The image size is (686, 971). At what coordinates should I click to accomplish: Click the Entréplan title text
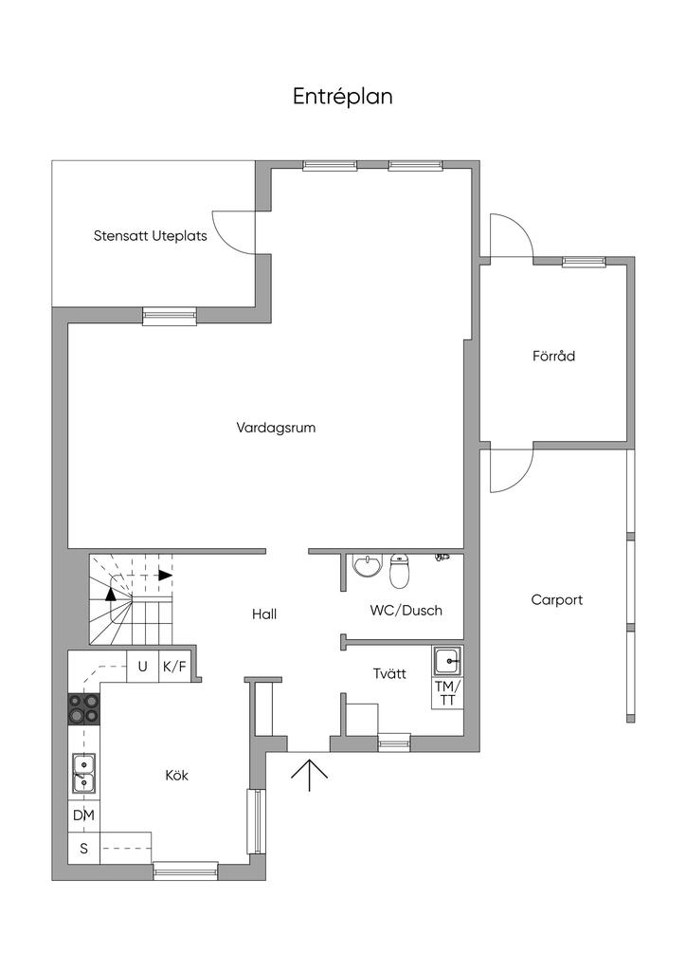[x=343, y=97]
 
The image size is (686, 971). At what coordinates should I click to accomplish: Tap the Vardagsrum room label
[x=276, y=428]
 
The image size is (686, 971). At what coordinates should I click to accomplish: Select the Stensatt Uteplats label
[x=151, y=236]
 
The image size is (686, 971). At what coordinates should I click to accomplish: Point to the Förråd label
[x=553, y=357]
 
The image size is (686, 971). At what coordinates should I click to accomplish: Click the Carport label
[x=557, y=600]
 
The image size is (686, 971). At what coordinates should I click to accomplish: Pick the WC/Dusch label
[x=406, y=611]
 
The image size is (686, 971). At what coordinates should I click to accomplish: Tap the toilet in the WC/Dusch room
[x=400, y=571]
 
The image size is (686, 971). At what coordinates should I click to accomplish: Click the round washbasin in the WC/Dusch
[x=367, y=565]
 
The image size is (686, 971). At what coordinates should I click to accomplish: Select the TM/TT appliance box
[x=446, y=693]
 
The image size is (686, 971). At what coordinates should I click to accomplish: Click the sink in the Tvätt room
[x=446, y=661]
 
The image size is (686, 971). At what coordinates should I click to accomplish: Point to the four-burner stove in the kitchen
[x=84, y=708]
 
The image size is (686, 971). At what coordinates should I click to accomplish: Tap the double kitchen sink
[x=83, y=774]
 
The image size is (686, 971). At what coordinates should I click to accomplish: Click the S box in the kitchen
[x=84, y=849]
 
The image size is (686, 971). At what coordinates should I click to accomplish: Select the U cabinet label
[x=143, y=667]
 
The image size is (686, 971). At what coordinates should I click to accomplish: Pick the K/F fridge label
[x=174, y=667]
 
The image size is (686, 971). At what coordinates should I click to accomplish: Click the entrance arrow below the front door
[x=309, y=775]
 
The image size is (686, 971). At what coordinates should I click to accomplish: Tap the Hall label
[x=264, y=614]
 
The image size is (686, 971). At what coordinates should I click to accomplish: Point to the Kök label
[x=177, y=776]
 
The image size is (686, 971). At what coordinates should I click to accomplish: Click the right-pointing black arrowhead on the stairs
[x=166, y=575]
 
